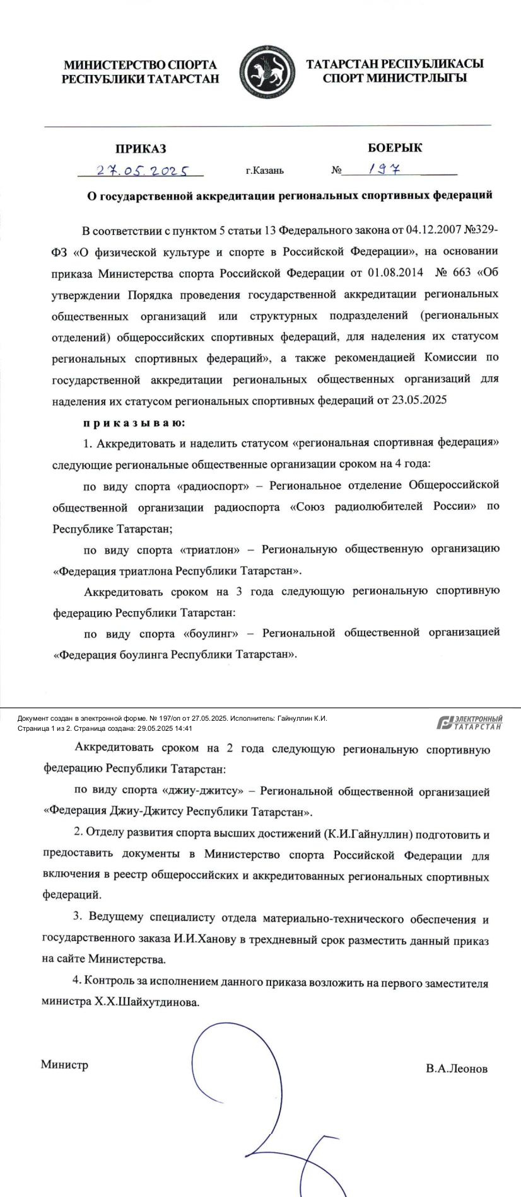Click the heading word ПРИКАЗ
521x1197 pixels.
click(x=141, y=149)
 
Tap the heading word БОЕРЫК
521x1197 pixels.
click(x=395, y=148)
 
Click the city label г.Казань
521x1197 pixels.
click(x=264, y=170)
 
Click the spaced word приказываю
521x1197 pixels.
click(x=134, y=422)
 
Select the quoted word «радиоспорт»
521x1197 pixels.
click(x=209, y=486)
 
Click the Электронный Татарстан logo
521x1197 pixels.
click(x=470, y=723)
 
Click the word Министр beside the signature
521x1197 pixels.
click(x=64, y=1065)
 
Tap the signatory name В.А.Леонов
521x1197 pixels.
click(x=457, y=1068)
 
